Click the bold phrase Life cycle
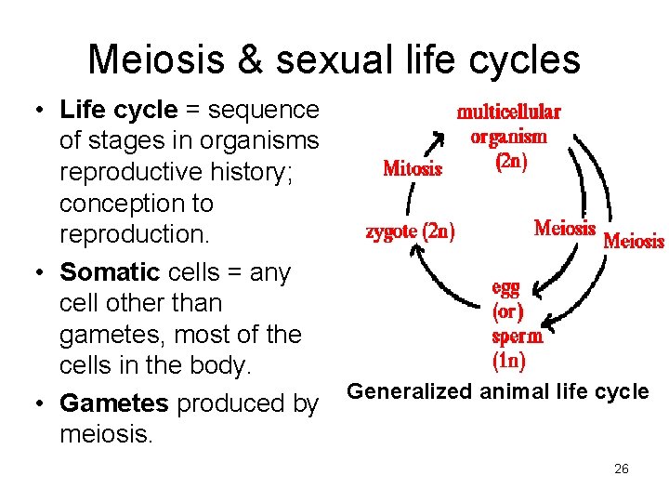(118, 110)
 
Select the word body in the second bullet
(221, 365)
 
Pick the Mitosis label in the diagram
(413, 169)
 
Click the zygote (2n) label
(410, 231)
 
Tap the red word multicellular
(508, 112)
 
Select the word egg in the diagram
(505, 288)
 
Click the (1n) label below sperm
(510, 359)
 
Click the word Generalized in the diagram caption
(410, 391)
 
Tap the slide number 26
(622, 469)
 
